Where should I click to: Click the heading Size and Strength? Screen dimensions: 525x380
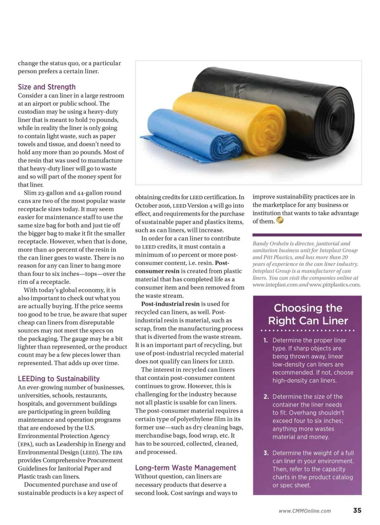(47, 87)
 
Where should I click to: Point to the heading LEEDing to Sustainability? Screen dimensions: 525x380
(59, 379)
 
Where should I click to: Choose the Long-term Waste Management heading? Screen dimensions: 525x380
(185, 468)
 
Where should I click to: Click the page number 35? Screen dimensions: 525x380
(357, 510)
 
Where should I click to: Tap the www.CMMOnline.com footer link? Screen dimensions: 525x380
(305, 511)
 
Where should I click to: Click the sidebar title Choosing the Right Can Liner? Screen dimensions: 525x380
(308, 314)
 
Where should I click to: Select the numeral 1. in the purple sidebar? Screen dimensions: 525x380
(266, 341)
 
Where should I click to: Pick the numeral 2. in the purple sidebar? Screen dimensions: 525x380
(266, 397)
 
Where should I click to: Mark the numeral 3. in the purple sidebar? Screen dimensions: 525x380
(266, 453)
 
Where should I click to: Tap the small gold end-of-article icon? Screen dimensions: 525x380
(280, 221)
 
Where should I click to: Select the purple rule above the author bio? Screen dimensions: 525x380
(307, 235)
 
